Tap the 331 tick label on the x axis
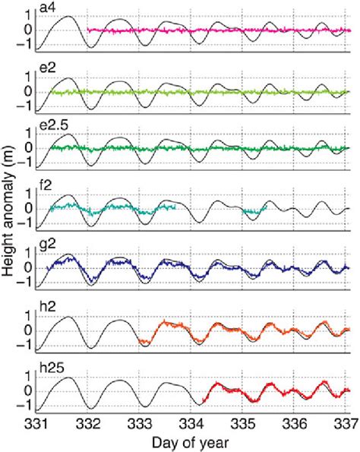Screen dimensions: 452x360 [38, 424]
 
